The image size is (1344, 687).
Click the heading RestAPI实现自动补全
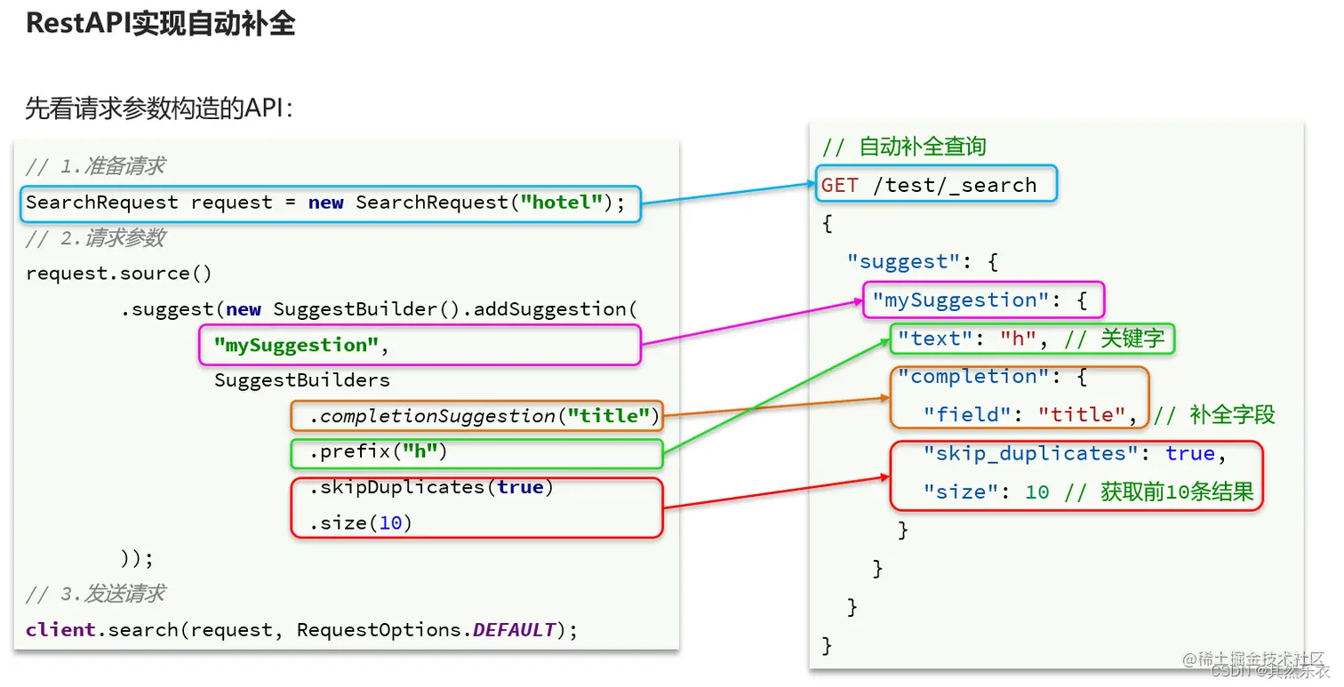(160, 24)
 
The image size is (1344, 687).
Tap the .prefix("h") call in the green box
(378, 451)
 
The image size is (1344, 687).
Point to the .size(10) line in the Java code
(361, 523)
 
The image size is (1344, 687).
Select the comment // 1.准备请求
(95, 166)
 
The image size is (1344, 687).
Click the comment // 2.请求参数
(95, 238)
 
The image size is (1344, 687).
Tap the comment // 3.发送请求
(95, 594)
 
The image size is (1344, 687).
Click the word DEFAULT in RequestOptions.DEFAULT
(514, 630)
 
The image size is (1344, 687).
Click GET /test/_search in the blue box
(929, 185)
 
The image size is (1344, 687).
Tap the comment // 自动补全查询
(903, 147)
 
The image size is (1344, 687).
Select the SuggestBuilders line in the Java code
(301, 380)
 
